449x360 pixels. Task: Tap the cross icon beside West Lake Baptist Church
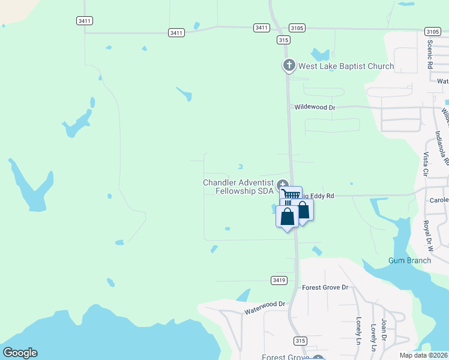coord(289,65)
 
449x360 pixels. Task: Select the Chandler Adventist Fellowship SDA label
coord(238,187)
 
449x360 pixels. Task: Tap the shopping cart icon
coord(291,194)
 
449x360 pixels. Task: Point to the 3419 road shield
coord(279,280)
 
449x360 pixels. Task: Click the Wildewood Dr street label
coord(315,107)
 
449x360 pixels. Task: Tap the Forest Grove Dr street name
coord(325,287)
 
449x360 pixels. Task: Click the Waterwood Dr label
coord(265,308)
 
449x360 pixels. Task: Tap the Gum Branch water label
coord(409,260)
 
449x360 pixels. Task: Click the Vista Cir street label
coord(426,164)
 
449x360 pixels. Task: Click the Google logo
coord(20,353)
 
